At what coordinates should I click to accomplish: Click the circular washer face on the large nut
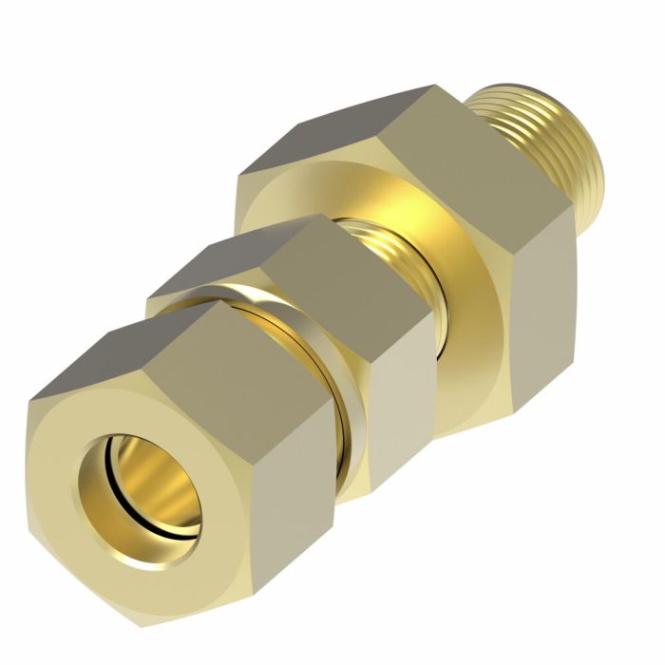[x=456, y=275]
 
